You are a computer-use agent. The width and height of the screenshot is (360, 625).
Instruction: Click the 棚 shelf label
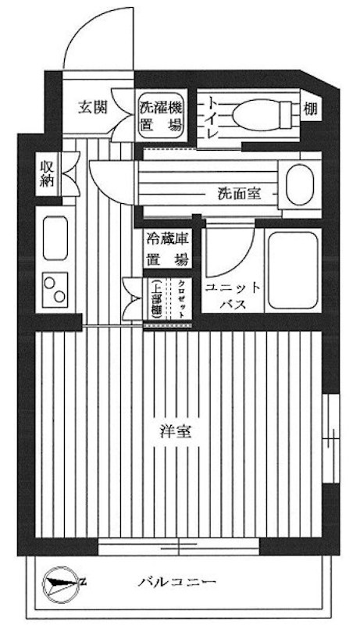[x=311, y=110]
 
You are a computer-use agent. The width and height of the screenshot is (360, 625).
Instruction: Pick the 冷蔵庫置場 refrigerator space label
[x=166, y=250]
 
